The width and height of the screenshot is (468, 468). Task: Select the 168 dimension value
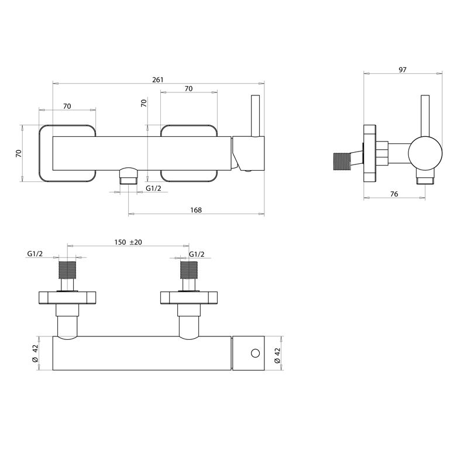pyautogui.click(x=196, y=210)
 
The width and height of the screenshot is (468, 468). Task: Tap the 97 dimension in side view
pyautogui.click(x=402, y=70)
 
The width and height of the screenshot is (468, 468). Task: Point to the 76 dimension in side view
pyautogui.click(x=394, y=194)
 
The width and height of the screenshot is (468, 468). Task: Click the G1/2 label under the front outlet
pyautogui.click(x=154, y=188)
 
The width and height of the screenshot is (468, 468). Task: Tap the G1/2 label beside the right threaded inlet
pyautogui.click(x=197, y=254)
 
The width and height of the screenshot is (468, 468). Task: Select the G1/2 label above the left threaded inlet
pyautogui.click(x=35, y=254)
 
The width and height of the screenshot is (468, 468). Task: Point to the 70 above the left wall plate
pyautogui.click(x=67, y=106)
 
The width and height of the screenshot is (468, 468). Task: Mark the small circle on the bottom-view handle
pyautogui.click(x=254, y=353)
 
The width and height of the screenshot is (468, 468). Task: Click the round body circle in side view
pyautogui.click(x=424, y=153)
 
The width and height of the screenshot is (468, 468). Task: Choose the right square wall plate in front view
pyautogui.click(x=188, y=153)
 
